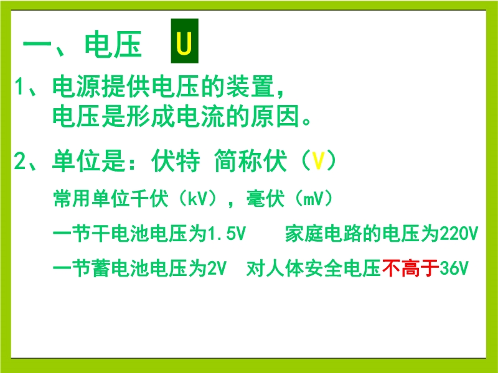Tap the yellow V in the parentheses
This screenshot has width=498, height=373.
318,161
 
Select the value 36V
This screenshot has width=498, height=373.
454,269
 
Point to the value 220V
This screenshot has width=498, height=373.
459,234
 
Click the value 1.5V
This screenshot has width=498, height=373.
226,234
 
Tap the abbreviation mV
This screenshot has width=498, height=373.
314,199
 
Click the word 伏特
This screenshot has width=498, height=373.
176,161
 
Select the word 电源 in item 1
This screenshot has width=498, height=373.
77,86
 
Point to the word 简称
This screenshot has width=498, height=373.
238,161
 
